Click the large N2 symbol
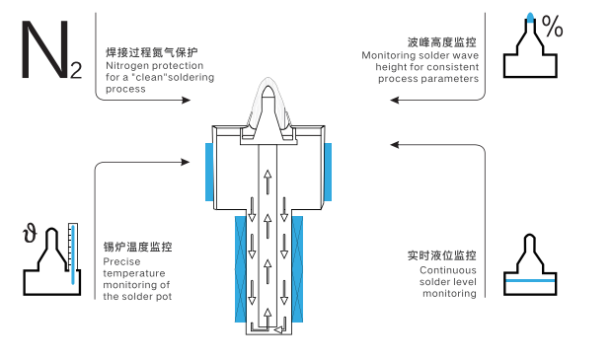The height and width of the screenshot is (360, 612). tap(51, 50)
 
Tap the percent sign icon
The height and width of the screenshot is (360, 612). tap(553, 27)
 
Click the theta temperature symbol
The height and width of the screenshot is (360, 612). tap(30, 233)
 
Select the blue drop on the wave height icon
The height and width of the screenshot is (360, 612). tap(530, 17)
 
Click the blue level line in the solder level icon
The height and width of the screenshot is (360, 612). tap(530, 280)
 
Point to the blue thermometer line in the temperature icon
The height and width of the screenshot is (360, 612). tap(73, 254)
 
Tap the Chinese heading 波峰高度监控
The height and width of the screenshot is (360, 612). tap(442, 42)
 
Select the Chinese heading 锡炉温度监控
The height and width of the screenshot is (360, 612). tap(137, 247)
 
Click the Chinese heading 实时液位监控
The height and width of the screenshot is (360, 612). tap(442, 255)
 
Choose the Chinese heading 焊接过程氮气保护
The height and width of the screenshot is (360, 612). tap(152, 52)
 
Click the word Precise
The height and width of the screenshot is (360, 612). tap(121, 261)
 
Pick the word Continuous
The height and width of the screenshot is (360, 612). tap(448, 270)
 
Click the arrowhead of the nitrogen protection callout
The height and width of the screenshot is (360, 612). tap(187, 101)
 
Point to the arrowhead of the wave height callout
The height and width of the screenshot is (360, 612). tap(395, 101)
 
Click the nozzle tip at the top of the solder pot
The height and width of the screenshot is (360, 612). tap(268, 91)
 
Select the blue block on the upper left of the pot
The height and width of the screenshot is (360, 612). tap(209, 172)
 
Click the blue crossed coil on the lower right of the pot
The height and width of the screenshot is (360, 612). tap(297, 269)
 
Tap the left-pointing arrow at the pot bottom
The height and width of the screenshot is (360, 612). tap(279, 330)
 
